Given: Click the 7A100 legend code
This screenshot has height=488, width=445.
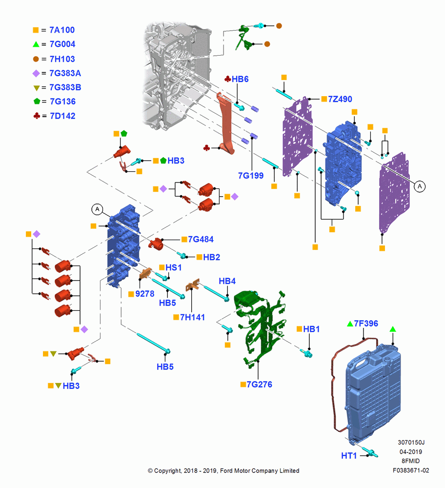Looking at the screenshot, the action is click(62, 30).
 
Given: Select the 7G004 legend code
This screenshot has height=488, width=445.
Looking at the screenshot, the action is click(62, 44).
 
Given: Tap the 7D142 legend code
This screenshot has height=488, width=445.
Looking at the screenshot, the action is click(62, 116).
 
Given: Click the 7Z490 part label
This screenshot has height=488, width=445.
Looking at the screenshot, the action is click(340, 99).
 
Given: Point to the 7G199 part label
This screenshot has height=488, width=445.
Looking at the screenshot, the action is click(251, 176).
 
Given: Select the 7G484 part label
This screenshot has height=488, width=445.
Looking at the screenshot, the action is click(201, 239).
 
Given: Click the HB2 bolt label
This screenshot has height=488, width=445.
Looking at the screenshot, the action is click(212, 257).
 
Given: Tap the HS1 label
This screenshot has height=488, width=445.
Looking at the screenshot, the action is click(173, 267).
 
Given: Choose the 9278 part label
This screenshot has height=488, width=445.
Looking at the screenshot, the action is click(145, 294).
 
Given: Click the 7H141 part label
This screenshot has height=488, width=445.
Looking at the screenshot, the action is click(192, 317).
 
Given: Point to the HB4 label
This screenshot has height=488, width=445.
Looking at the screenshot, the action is click(227, 281).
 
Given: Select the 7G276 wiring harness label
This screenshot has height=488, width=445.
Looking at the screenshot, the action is click(259, 385).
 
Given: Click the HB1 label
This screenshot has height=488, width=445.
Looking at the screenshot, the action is click(311, 329).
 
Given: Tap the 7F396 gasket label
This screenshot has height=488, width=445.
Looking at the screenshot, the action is click(366, 324).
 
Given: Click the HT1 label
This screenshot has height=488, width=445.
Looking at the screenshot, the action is click(349, 456).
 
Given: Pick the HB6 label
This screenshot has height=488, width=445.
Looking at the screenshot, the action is click(240, 79).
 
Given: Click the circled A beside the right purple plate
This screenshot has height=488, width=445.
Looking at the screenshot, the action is click(420, 186).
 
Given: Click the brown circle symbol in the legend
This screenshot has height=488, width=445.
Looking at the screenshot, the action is click(36, 59).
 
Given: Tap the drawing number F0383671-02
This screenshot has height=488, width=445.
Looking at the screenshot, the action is click(411, 470).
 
